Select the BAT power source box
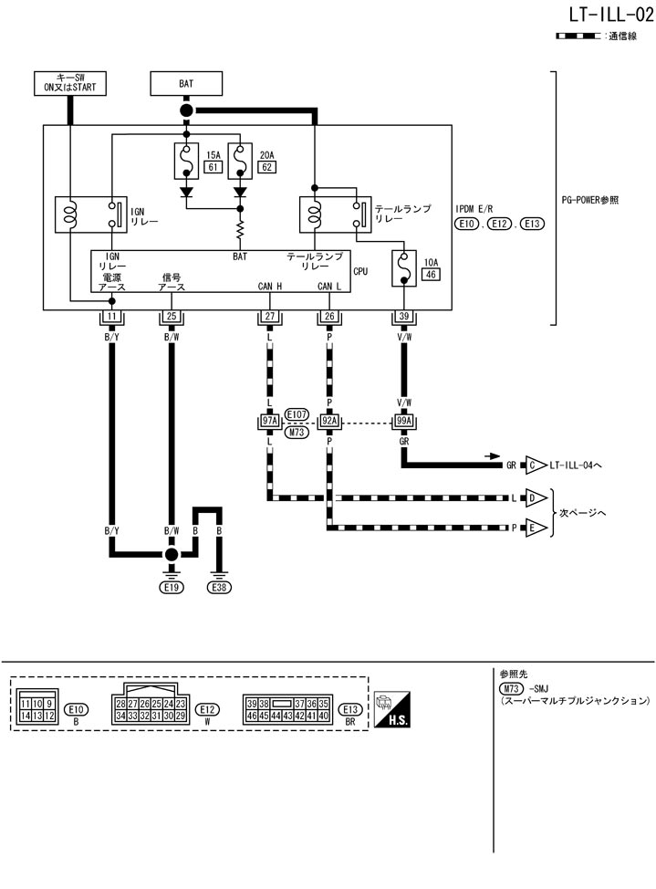pos(186,83)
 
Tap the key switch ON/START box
pos(70,83)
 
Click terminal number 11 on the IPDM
pos(111,317)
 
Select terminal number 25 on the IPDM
pos(171,317)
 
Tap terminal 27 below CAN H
pos(269,317)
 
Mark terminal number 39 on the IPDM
pos(402,317)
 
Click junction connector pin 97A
pos(269,422)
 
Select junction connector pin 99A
pos(402,422)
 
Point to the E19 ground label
pos(171,588)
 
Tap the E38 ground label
pos(220,588)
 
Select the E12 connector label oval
pos(208,708)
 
